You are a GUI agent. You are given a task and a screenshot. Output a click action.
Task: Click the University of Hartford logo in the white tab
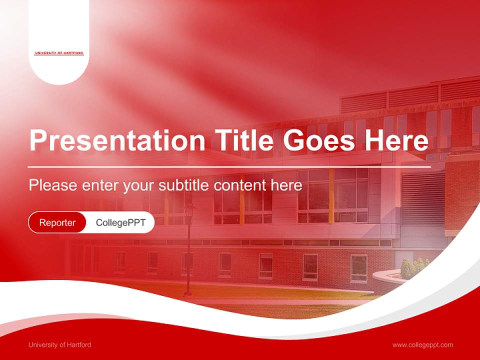tap(59, 53)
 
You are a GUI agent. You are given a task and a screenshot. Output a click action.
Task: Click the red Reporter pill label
tap(57, 222)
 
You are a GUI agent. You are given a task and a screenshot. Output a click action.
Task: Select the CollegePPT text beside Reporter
tap(120, 222)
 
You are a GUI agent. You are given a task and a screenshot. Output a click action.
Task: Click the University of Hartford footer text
tap(59, 344)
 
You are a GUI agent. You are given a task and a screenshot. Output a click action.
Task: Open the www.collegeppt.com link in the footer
tap(422, 344)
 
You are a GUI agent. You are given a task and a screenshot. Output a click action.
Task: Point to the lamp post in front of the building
tap(188, 250)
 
